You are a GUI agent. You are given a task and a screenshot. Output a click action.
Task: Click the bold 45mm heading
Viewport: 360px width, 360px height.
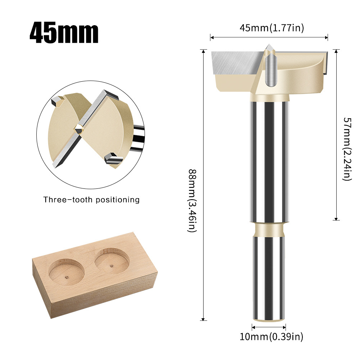point(64,33)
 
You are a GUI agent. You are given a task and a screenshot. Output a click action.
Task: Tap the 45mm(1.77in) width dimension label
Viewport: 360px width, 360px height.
point(272,28)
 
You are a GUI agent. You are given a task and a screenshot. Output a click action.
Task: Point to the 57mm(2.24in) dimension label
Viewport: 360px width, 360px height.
point(346,149)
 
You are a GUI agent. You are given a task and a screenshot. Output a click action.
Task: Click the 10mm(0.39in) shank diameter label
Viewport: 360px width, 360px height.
point(272,337)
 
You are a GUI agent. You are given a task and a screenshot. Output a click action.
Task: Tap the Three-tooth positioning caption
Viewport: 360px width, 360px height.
point(91,200)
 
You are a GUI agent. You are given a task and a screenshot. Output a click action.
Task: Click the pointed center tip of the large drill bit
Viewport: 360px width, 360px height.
point(269,47)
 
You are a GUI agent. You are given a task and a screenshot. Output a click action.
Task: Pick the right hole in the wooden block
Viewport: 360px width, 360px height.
point(112,259)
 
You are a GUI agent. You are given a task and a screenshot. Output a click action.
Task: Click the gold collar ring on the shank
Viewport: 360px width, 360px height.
point(269,229)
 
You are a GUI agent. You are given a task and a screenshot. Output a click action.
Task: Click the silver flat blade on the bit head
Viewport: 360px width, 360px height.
point(236,62)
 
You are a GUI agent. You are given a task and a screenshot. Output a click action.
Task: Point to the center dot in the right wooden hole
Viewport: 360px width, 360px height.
point(112,266)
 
